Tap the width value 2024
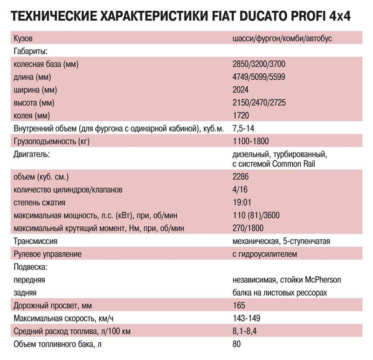241,90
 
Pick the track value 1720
241,115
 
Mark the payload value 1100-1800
250,140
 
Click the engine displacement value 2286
241,177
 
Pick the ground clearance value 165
238,306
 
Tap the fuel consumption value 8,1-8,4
245,332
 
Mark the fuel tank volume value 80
236,344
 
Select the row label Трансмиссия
36,241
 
